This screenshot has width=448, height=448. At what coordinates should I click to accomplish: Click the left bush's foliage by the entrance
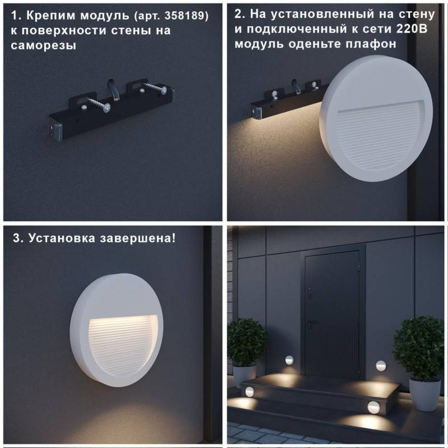246,342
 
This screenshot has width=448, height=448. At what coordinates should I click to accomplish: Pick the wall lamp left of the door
290,359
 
